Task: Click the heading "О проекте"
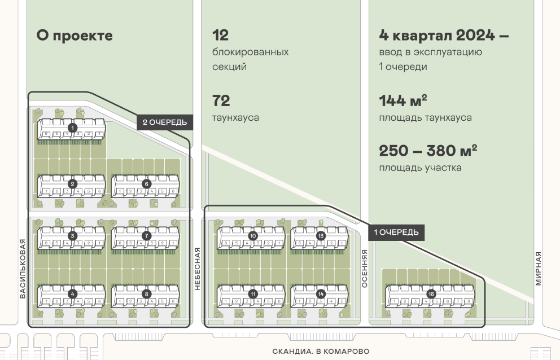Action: coord(75,36)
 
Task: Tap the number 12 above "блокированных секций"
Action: coord(220,36)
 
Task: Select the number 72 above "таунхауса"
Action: coord(221,101)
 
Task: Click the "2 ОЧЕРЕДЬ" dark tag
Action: coord(165,122)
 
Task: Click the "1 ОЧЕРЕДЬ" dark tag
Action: coord(396,232)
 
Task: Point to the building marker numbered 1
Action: coord(72,128)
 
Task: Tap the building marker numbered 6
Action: coord(146,183)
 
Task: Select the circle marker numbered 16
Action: coord(431,294)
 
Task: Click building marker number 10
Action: coord(252,235)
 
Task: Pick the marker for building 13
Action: coord(321,235)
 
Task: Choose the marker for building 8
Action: coord(146,293)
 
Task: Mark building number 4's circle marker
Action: coord(72,293)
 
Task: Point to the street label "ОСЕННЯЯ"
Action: coord(365,269)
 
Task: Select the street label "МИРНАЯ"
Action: coord(538,269)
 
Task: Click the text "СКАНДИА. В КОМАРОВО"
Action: coord(321,351)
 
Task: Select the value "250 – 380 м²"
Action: coord(428,151)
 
